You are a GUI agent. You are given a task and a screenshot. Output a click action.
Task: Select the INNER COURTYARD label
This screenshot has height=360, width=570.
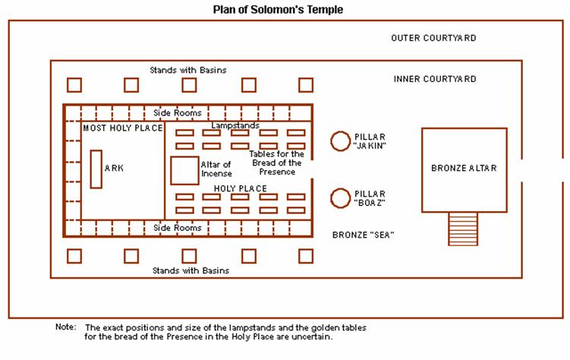(x=435, y=79)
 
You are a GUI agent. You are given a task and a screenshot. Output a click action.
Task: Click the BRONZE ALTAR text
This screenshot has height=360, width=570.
(x=464, y=169)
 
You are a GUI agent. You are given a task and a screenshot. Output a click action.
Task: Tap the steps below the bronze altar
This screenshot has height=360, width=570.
(x=463, y=228)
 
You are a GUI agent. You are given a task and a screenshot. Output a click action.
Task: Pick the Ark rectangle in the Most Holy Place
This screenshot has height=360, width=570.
(x=96, y=169)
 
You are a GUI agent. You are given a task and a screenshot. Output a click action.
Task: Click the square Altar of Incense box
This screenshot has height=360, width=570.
(x=184, y=170)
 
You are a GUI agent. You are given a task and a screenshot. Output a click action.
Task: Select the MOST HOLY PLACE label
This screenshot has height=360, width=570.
(x=122, y=128)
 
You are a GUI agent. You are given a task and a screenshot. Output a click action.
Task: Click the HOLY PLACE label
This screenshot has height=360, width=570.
(x=240, y=188)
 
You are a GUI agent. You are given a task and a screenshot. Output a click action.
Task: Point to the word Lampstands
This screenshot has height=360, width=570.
(x=235, y=125)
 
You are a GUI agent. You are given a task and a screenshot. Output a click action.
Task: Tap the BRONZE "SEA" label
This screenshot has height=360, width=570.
(x=363, y=235)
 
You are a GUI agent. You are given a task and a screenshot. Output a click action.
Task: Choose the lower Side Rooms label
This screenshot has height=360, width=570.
(x=178, y=228)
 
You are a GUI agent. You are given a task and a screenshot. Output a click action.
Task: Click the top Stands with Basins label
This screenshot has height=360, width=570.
(x=189, y=71)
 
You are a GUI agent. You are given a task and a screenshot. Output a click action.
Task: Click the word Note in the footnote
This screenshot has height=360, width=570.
(x=65, y=327)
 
